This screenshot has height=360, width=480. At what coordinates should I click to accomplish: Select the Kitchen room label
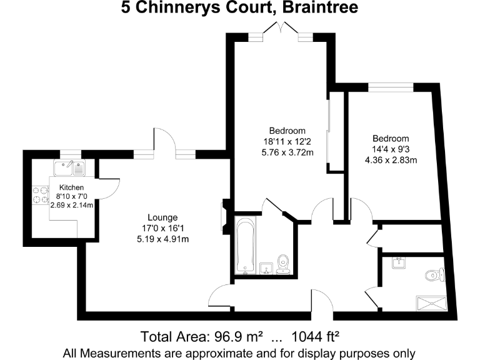(x=71, y=187)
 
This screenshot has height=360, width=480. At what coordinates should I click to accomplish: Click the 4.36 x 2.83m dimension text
(x=391, y=159)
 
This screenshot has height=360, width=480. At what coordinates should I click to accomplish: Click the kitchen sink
(x=69, y=167)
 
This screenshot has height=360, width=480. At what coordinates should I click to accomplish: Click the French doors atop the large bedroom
(x=280, y=30)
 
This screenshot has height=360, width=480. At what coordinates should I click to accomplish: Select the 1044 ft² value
(x=310, y=336)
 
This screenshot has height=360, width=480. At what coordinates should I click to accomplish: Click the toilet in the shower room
(x=434, y=274)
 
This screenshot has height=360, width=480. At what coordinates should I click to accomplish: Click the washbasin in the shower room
(x=397, y=262)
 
